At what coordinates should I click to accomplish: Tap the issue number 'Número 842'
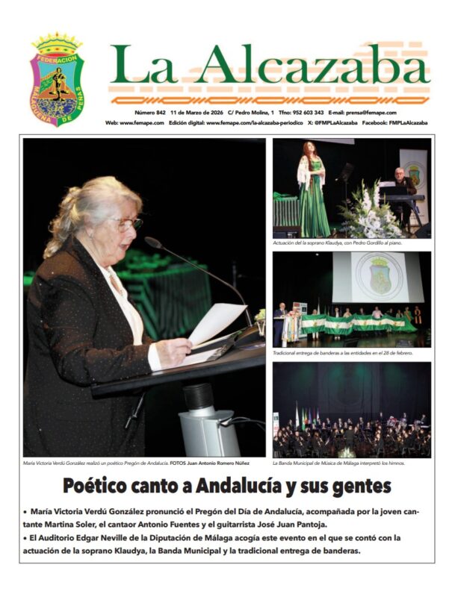click(x=151, y=113)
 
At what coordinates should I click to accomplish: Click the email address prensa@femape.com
click(x=380, y=113)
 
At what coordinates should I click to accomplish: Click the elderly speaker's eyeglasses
click(x=128, y=222)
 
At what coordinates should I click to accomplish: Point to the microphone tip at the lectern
click(x=148, y=242)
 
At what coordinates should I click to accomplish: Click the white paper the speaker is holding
click(x=214, y=323)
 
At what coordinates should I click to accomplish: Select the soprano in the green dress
click(x=312, y=192)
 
